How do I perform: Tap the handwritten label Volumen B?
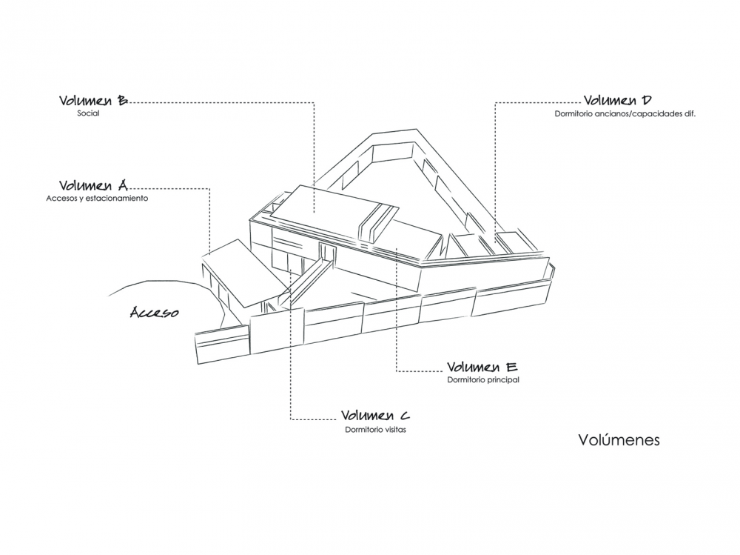pyautogui.click(x=93, y=101)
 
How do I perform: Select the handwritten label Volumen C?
pyautogui.click(x=376, y=416)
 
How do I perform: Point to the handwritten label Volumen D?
pyautogui.click(x=618, y=100)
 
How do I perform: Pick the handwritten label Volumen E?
pyautogui.click(x=482, y=367)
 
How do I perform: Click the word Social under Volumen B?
pyautogui.click(x=88, y=113)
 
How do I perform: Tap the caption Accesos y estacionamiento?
pyautogui.click(x=97, y=199)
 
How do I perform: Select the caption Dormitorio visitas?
pyautogui.click(x=376, y=430)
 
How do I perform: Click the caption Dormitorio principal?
pyautogui.click(x=483, y=379)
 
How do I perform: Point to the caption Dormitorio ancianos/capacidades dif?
pyautogui.click(x=625, y=114)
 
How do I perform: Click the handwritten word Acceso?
pyautogui.click(x=155, y=312)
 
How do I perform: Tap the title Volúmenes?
pyautogui.click(x=619, y=439)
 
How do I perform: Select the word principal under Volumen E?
pyautogui.click(x=502, y=380)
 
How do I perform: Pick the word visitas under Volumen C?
pyautogui.click(x=394, y=430)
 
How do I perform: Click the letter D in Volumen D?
pyautogui.click(x=647, y=100)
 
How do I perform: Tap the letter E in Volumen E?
pyautogui.click(x=511, y=367)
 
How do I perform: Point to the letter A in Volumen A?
pyautogui.click(x=121, y=185)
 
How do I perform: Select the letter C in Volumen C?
pyautogui.click(x=405, y=416)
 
